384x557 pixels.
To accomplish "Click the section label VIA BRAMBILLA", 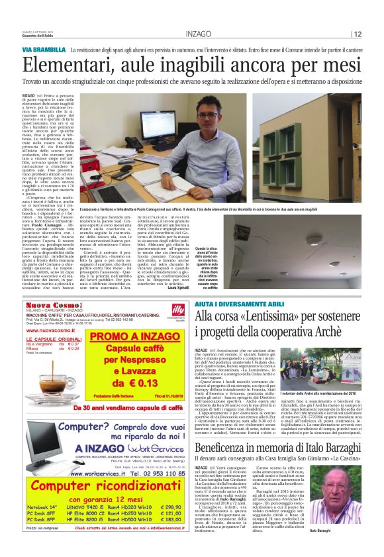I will [x=43, y=50].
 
